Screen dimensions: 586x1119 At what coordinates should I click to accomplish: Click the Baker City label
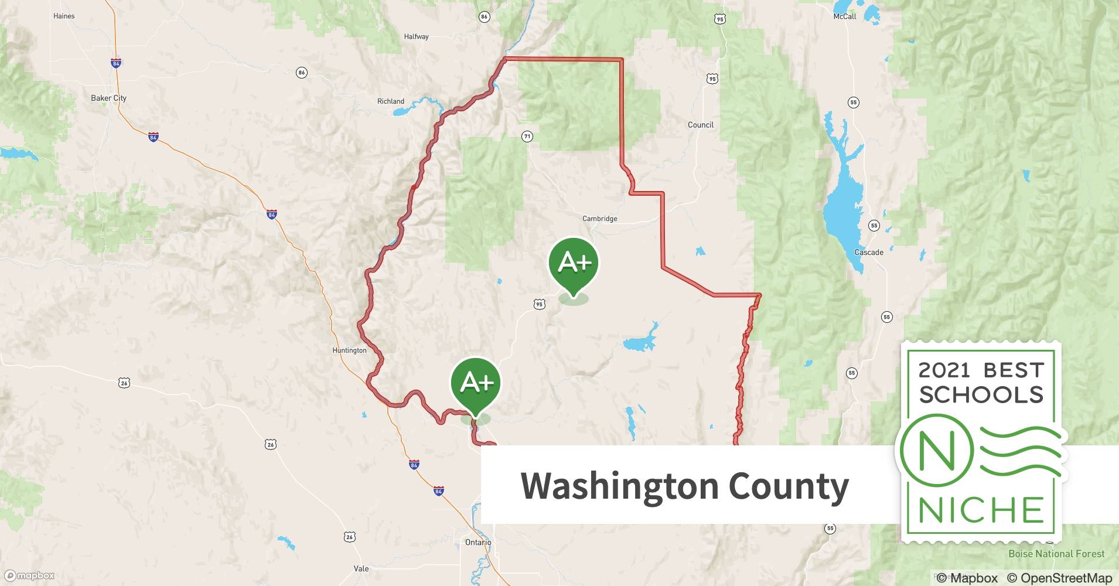click(x=108, y=98)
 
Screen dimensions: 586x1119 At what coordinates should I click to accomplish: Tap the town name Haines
click(x=64, y=16)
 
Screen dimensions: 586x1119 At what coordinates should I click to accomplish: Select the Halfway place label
click(x=416, y=36)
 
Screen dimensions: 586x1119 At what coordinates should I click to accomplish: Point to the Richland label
click(x=390, y=101)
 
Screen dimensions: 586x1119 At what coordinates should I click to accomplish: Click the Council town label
click(x=700, y=125)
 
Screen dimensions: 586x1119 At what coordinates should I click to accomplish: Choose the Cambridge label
click(x=599, y=219)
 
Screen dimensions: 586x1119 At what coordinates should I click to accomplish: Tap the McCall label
click(x=844, y=16)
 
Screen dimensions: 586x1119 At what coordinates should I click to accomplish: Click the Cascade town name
click(x=868, y=253)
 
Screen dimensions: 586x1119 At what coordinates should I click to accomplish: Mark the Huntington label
click(x=349, y=350)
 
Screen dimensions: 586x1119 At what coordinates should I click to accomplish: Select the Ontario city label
click(x=478, y=542)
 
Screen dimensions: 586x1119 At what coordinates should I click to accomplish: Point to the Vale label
click(x=361, y=568)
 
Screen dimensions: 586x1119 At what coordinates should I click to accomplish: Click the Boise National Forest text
click(x=1056, y=554)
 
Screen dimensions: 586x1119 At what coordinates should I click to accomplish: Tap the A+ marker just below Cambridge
click(x=574, y=264)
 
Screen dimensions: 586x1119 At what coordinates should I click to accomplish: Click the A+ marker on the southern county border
click(x=476, y=384)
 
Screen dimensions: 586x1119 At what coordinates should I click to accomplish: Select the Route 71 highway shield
click(x=527, y=137)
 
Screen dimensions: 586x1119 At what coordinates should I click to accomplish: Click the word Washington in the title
click(x=619, y=486)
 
